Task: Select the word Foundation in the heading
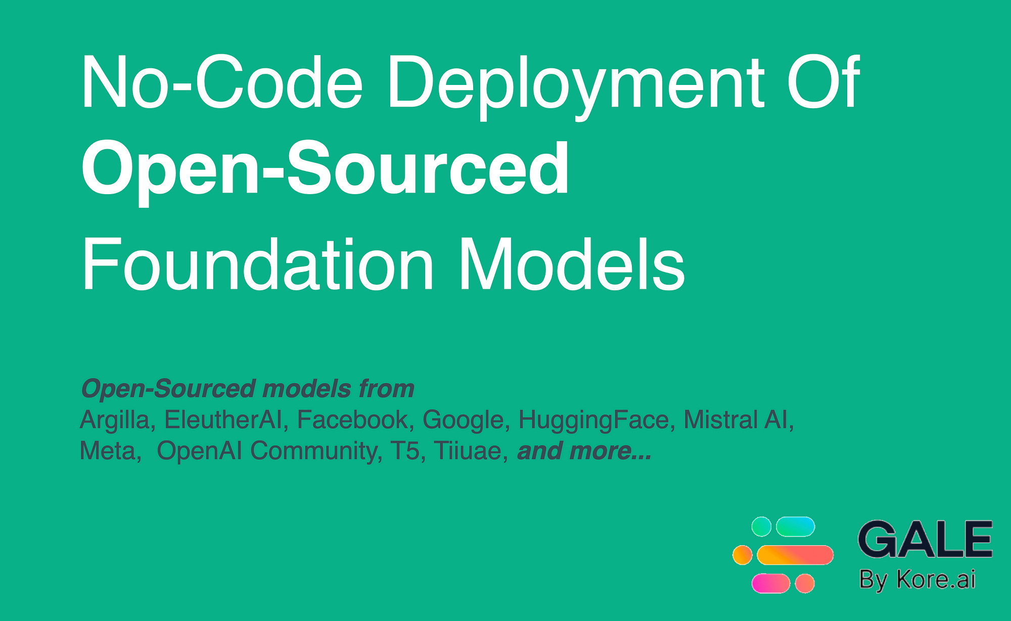[x=257, y=265]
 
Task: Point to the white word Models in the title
[x=571, y=265]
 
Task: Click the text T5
[x=405, y=451]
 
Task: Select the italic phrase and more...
[x=584, y=451]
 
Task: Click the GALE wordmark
[x=925, y=540]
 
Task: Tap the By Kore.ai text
[x=917, y=580]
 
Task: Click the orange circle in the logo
[x=742, y=555]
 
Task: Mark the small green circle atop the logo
[x=761, y=526]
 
